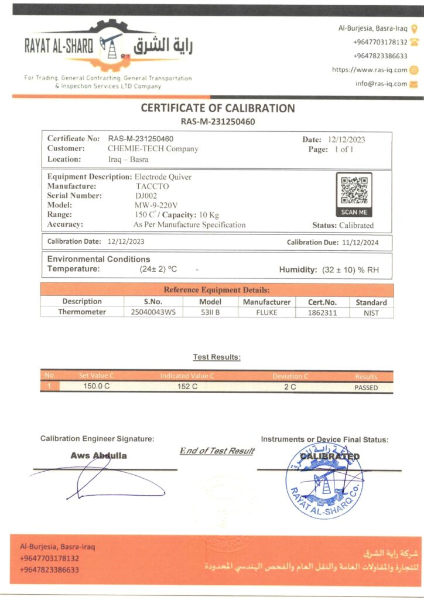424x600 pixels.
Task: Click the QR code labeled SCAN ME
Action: coord(354,189)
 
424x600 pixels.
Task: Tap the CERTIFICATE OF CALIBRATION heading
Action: coord(217,108)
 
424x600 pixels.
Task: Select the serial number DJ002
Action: coord(146,196)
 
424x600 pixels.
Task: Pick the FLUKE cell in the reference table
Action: coord(266,312)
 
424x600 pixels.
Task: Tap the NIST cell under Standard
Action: coord(371,313)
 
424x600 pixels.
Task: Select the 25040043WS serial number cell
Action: coord(153,312)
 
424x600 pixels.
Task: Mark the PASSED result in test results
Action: coord(366,387)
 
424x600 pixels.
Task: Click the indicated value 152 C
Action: coord(187,387)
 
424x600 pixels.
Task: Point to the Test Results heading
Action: coord(217,357)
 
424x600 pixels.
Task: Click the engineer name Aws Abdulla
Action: coord(98,455)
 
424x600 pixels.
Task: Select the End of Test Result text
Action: coord(217,451)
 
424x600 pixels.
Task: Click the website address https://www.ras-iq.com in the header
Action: coord(370,69)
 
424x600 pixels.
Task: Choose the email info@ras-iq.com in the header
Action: coord(381,84)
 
